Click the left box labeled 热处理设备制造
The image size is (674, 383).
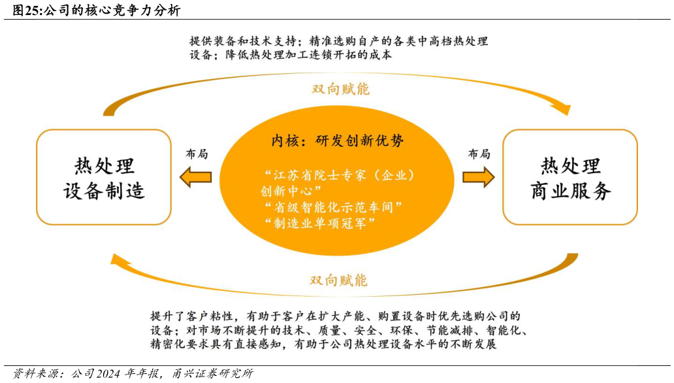pyautogui.click(x=104, y=177)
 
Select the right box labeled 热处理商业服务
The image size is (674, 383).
pyautogui.click(x=570, y=177)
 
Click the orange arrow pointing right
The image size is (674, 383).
pyautogui.click(x=479, y=177)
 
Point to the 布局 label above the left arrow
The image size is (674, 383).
pyautogui.click(x=197, y=154)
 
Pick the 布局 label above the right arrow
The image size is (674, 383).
pyautogui.click(x=479, y=154)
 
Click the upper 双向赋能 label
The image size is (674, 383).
pyautogui.click(x=340, y=89)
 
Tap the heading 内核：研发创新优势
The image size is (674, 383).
pyautogui.click(x=337, y=141)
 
